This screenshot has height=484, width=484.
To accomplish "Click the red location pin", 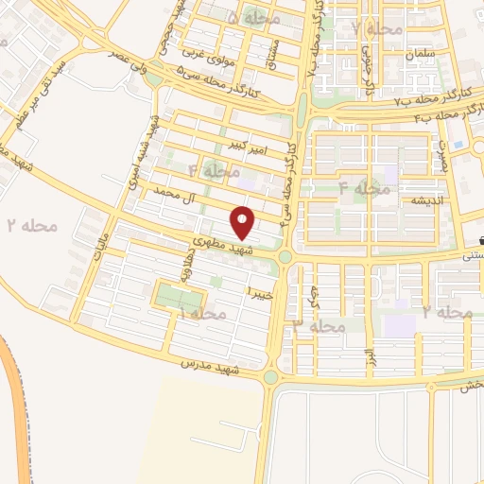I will (x=244, y=222).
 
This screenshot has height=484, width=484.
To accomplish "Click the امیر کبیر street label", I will (x=249, y=147).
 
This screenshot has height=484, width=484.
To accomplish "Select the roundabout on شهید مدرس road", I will (x=271, y=377).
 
